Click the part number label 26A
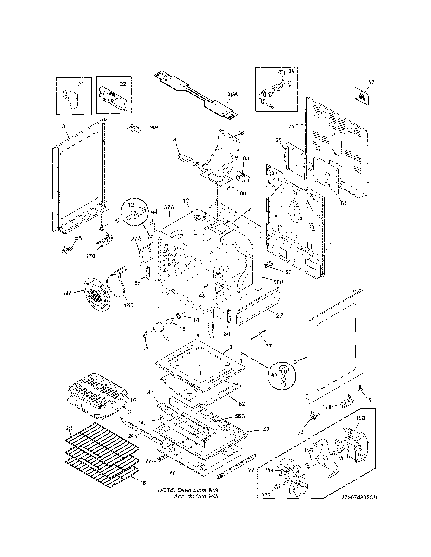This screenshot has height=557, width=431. pyautogui.click(x=232, y=94)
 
